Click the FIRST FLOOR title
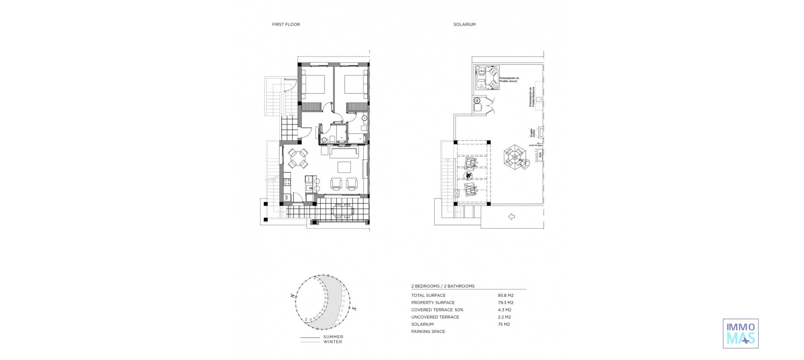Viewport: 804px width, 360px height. click(286, 24)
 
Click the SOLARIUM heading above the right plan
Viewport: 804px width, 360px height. click(464, 24)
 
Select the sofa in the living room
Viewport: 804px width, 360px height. click(344, 152)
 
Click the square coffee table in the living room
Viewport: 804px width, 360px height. click(345, 167)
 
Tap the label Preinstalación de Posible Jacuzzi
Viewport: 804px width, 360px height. click(509, 80)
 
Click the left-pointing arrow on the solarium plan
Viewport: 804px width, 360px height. click(511, 216)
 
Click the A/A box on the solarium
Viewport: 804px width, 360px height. click(541, 155)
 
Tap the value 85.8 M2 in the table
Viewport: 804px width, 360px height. click(505, 296)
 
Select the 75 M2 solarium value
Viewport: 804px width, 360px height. click(504, 324)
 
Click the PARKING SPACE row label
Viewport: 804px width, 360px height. click(428, 332)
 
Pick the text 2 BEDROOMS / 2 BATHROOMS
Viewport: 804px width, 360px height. click(443, 286)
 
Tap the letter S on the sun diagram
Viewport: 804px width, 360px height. click(354, 309)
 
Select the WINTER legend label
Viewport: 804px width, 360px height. click(332, 342)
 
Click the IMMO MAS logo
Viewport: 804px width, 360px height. click(740, 333)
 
